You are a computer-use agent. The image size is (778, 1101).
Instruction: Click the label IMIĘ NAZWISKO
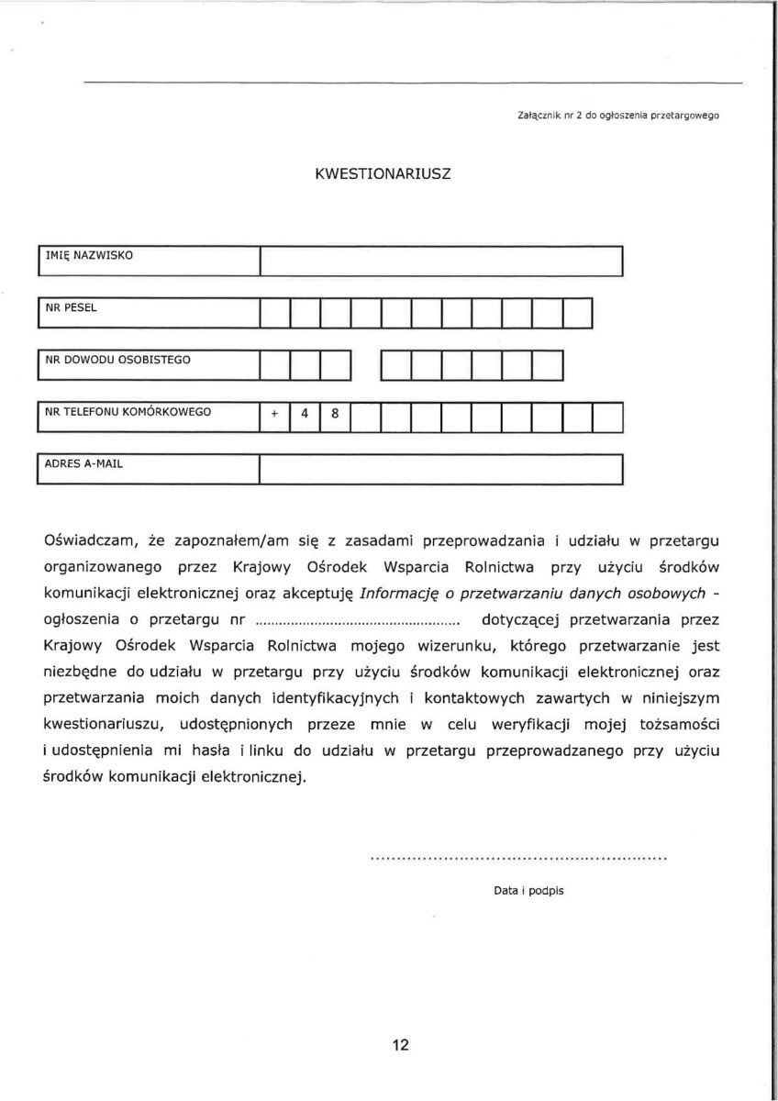click(x=89, y=255)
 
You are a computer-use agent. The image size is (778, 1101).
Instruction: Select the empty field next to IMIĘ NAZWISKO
click(x=441, y=261)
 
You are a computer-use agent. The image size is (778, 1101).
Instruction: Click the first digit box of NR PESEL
click(x=275, y=314)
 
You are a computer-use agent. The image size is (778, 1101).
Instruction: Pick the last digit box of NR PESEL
click(x=578, y=314)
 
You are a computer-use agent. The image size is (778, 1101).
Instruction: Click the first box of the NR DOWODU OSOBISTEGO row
click(x=275, y=365)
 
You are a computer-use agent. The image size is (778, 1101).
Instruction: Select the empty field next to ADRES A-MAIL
click(x=441, y=470)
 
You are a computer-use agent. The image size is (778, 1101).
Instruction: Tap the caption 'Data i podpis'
click(x=528, y=890)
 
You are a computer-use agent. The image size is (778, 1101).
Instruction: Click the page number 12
click(x=400, y=1045)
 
